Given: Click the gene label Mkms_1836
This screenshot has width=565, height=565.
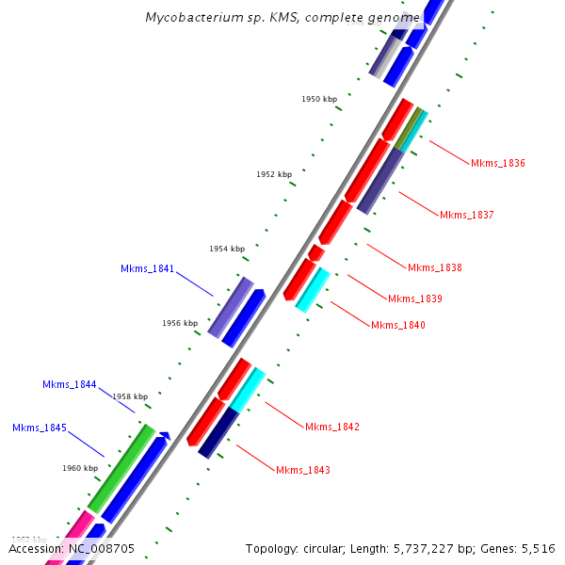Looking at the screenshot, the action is (498, 163).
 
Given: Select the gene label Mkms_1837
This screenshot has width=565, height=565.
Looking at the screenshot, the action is (467, 215).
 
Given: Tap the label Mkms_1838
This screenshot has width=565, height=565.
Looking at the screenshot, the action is (435, 267).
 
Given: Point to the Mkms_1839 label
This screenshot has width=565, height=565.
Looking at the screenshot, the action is (415, 299).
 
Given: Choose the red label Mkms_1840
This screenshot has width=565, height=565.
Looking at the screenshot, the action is (398, 325).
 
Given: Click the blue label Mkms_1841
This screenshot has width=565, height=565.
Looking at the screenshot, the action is (147, 268).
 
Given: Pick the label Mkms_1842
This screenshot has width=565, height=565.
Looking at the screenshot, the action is (332, 427).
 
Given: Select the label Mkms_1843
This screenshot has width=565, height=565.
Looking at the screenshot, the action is (303, 469).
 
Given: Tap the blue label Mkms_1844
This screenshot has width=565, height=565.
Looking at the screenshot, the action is (69, 384).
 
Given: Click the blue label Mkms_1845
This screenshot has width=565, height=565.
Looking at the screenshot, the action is (39, 428).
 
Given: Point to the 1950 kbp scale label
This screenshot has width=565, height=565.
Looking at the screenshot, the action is (319, 99).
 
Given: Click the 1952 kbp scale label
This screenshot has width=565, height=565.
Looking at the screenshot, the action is (274, 174).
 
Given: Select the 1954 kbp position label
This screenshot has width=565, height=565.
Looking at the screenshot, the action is (227, 249).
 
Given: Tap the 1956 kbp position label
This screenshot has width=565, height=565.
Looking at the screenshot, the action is (180, 323).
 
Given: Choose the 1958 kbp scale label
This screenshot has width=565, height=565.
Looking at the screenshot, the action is (130, 396).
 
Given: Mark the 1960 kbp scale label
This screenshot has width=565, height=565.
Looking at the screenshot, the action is (80, 468).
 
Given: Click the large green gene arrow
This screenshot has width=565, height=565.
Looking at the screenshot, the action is (121, 467).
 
